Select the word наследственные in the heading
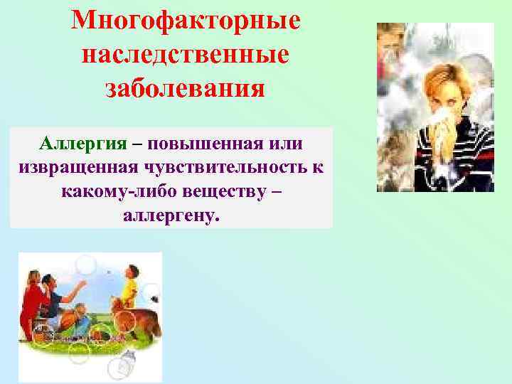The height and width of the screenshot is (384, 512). point(186,55)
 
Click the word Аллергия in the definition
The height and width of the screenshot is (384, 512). point(84,143)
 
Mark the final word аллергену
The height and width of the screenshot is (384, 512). point(171,216)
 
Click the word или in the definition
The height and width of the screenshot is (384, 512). point(286,143)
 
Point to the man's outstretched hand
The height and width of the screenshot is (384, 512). point(83,284)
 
